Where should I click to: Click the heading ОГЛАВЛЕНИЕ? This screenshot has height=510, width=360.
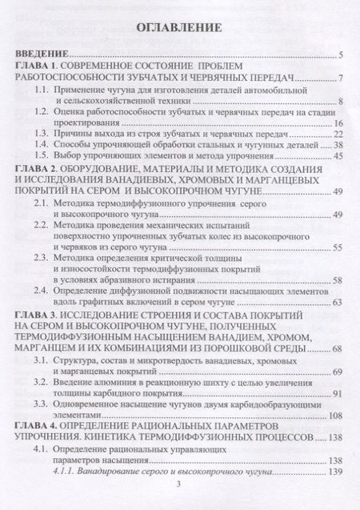click(180, 26)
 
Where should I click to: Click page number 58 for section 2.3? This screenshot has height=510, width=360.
click(337, 279)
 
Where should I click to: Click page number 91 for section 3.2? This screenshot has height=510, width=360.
click(337, 392)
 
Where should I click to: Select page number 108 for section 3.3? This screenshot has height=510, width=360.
click(334, 415)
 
